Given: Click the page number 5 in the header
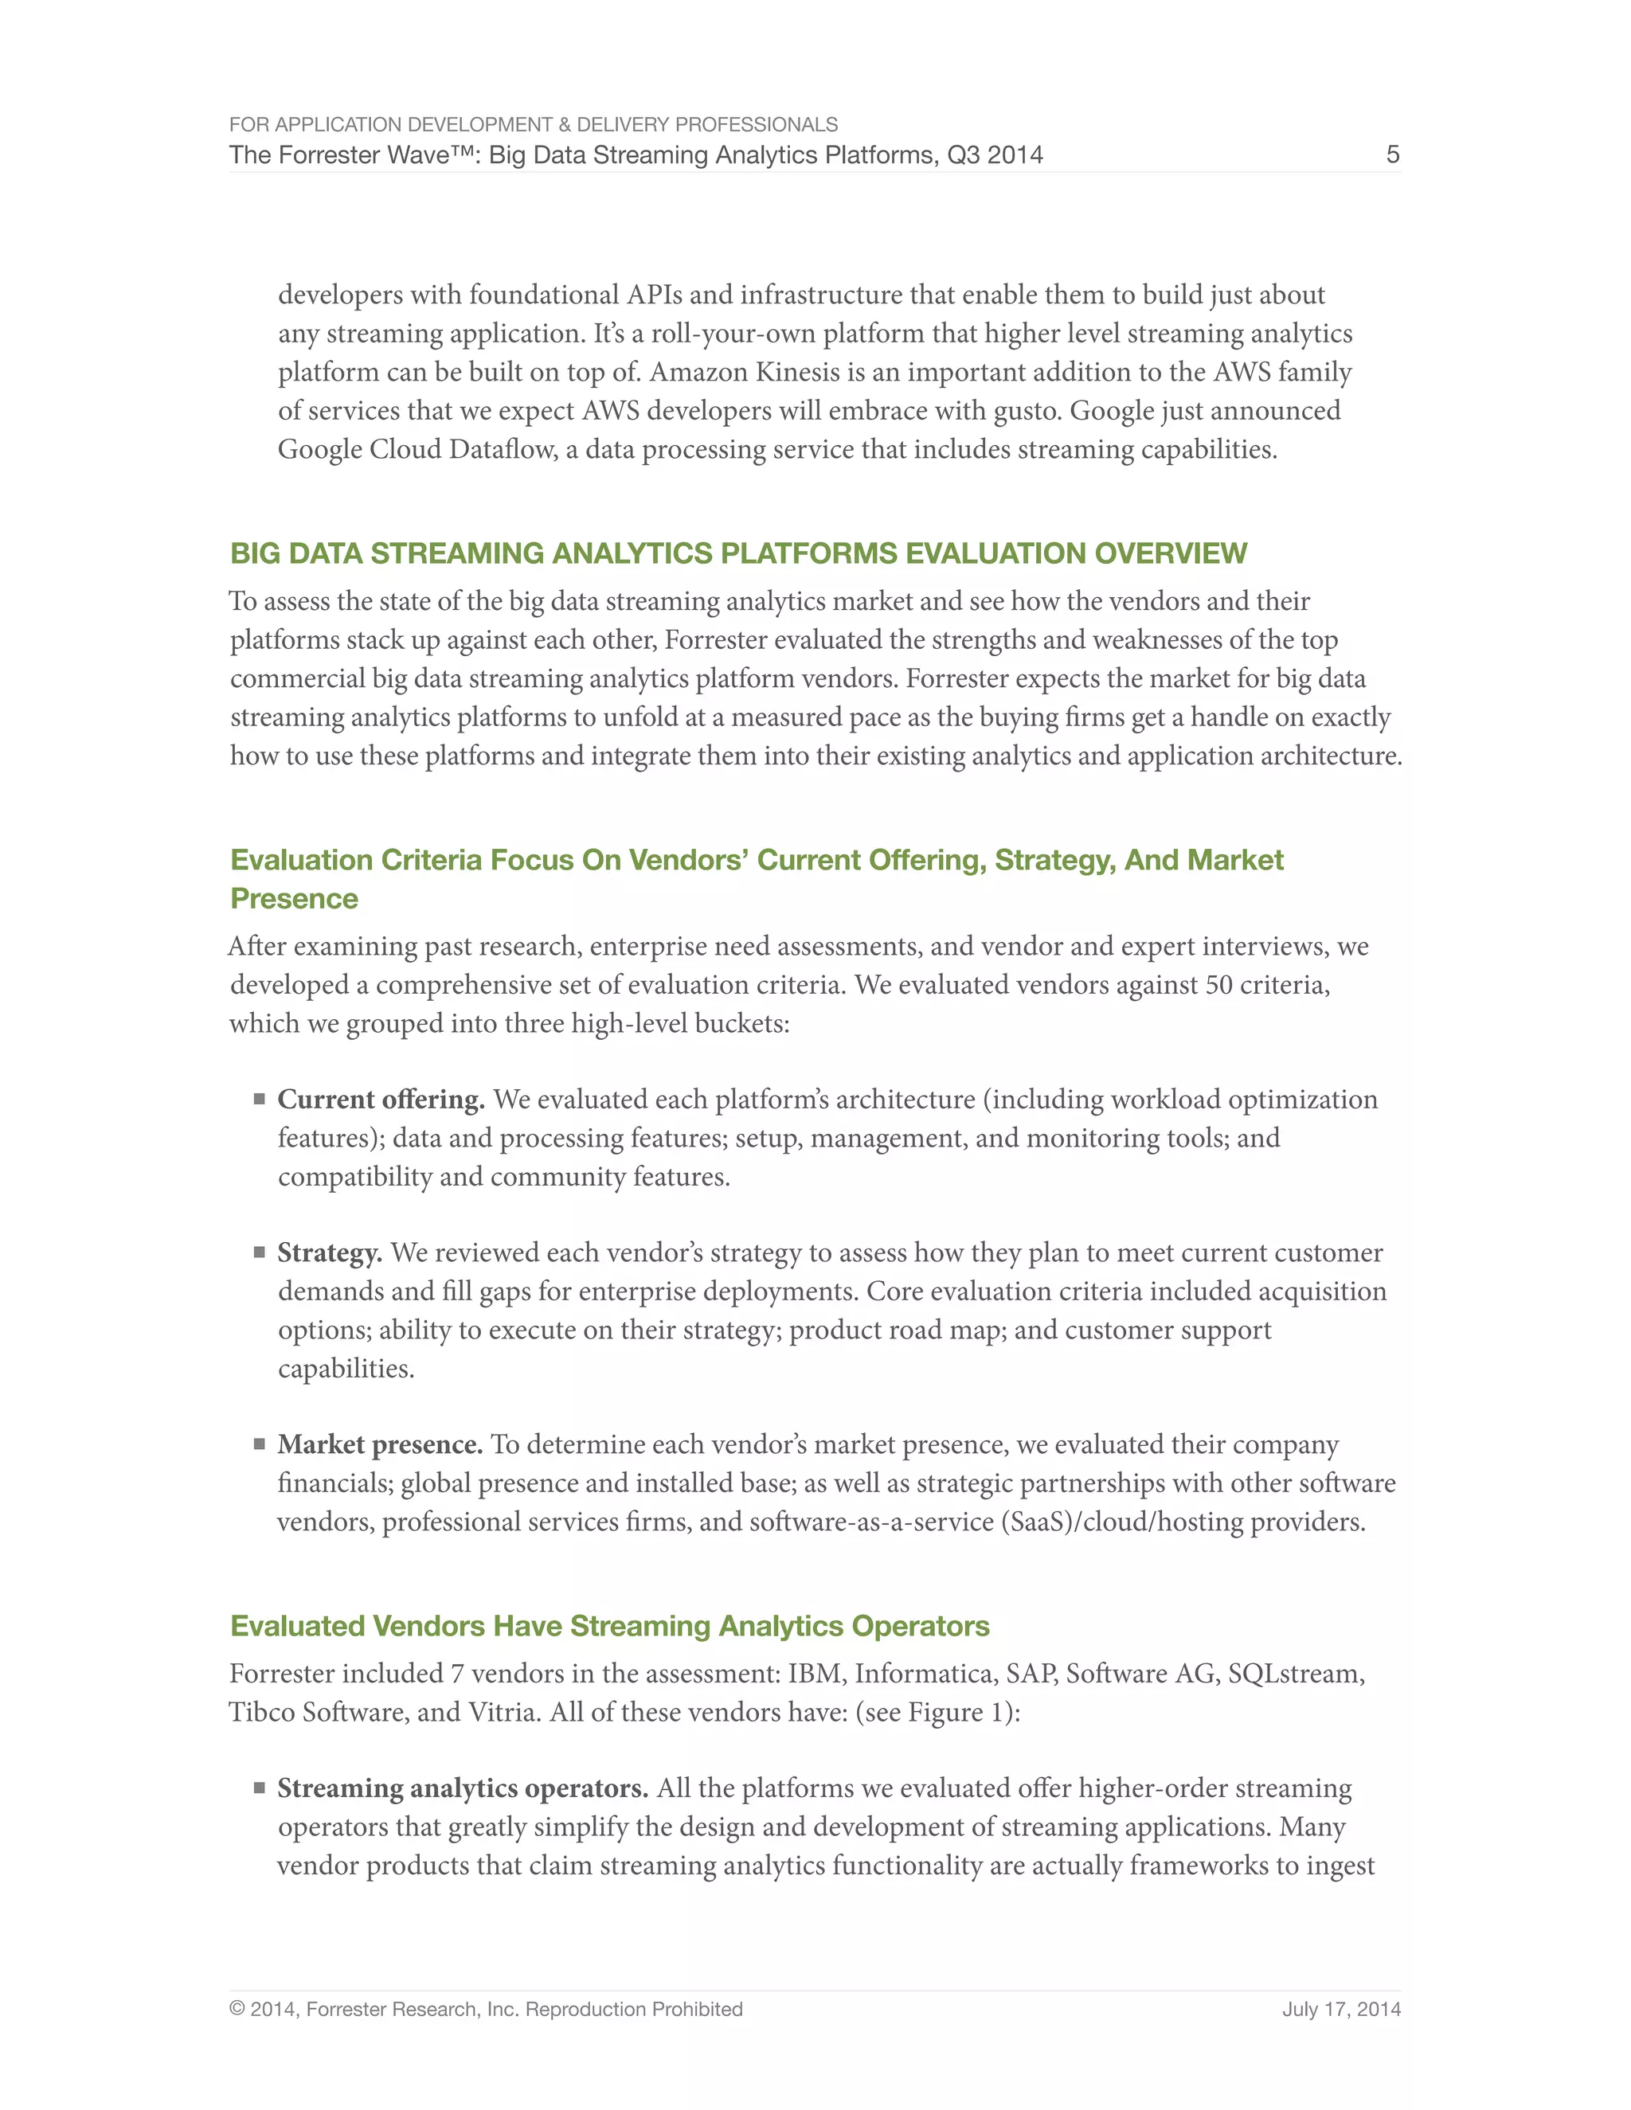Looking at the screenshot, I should [1392, 154].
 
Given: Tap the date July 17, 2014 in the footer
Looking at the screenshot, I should [1341, 2010].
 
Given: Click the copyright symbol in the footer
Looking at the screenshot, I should [237, 2010].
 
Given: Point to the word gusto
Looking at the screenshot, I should [1027, 411].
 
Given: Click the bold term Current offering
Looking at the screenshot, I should [381, 1100].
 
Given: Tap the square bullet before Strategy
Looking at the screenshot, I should [259, 1252].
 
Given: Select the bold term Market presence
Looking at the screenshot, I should [380, 1444].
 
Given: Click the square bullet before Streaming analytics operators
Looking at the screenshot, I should [259, 1788].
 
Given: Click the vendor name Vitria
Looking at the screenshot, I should [503, 1712].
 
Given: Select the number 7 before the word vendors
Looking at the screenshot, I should [457, 1674].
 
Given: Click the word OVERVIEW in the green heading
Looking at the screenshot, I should [1170, 553].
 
